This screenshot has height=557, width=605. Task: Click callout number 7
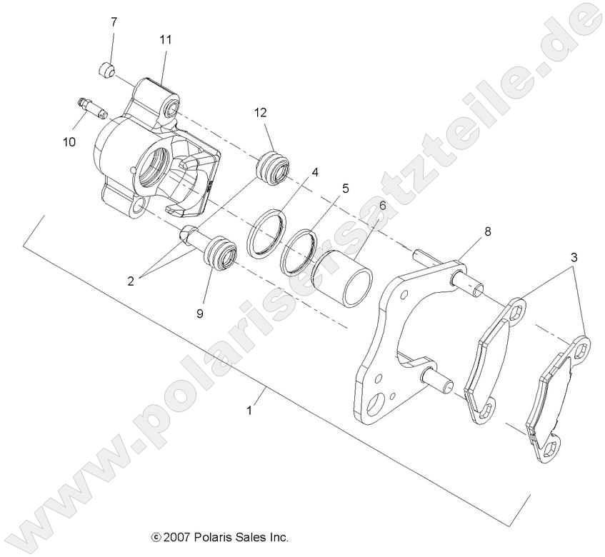[x=113, y=22]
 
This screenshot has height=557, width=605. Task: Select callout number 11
[x=165, y=40]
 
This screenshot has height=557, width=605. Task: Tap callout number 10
[x=69, y=142]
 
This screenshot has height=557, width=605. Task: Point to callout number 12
[x=260, y=113]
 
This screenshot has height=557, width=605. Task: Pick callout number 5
[x=345, y=189]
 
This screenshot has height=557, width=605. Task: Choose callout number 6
[x=382, y=206]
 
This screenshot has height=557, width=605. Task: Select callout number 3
[x=574, y=256]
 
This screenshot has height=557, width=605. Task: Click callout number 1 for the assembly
[x=249, y=411]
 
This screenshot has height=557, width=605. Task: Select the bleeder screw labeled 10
[x=91, y=109]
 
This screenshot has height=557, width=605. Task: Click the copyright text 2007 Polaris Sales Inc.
[x=219, y=536]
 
